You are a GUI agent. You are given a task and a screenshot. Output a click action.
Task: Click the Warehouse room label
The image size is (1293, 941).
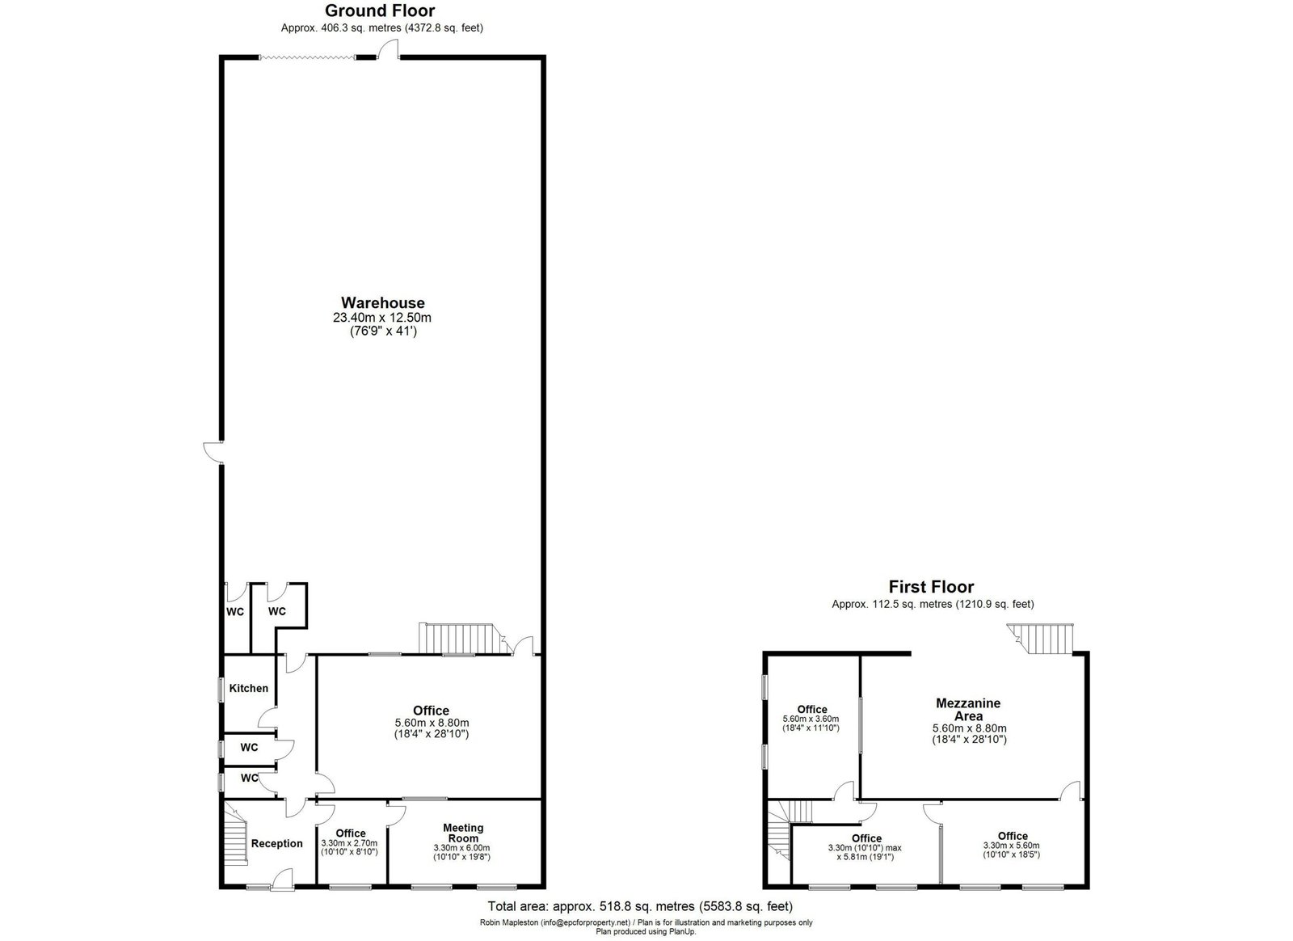tap(383, 302)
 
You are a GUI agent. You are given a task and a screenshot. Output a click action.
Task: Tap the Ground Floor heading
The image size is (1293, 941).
tap(380, 11)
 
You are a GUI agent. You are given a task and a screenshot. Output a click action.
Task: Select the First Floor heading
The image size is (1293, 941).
tap(931, 587)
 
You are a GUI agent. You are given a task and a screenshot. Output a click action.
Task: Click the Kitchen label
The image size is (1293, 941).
tap(249, 688)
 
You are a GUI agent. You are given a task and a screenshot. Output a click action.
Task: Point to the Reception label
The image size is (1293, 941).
tap(277, 843)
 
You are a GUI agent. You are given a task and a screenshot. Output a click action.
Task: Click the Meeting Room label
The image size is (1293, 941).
tap(463, 833)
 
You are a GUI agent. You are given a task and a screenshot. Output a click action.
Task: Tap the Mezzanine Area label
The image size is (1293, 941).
tap(968, 710)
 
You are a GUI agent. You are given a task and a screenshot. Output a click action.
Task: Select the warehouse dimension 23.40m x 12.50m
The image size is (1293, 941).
tap(382, 318)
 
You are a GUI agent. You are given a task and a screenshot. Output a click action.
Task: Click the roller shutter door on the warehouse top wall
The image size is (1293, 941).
tap(307, 57)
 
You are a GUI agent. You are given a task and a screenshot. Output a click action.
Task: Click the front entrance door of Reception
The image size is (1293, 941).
tap(282, 881)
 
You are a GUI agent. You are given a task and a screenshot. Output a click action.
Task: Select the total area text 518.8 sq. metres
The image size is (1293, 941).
tap(623, 906)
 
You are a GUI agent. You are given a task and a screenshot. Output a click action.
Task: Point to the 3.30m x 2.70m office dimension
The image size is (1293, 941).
tap(349, 843)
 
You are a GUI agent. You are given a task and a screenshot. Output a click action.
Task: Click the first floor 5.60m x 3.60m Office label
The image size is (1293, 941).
tap(812, 710)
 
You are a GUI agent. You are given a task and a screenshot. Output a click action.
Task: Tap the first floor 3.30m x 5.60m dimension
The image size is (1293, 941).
tap(1011, 845)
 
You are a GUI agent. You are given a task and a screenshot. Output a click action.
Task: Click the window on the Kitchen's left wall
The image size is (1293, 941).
tap(220, 690)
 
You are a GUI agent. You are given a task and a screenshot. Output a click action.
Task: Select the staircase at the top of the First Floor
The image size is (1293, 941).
tap(1040, 639)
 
